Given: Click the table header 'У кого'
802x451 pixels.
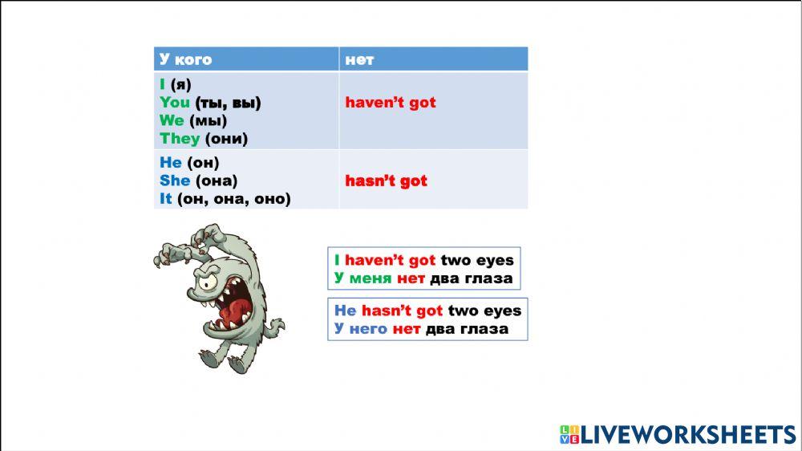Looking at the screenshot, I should click(185, 59).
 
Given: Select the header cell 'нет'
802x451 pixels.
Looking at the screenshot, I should click(359, 59).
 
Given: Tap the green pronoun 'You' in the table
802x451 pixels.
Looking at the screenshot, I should click(175, 102).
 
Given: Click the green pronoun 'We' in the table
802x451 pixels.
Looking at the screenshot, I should click(172, 120).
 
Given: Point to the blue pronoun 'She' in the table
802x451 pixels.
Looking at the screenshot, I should click(174, 181).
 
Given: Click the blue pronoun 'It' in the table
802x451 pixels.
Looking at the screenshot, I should click(166, 198).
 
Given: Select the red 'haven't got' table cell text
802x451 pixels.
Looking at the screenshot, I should click(391, 103).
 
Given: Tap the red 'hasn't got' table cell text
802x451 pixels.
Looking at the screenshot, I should click(386, 181).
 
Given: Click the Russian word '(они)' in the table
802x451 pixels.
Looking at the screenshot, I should click(226, 139).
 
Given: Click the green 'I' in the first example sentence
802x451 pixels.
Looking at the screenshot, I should click(338, 260).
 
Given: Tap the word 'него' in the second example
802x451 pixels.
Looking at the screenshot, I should click(368, 329).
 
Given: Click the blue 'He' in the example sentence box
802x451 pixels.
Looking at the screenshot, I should click(345, 311).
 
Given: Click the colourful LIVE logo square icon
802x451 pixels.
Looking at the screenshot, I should click(569, 435).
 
